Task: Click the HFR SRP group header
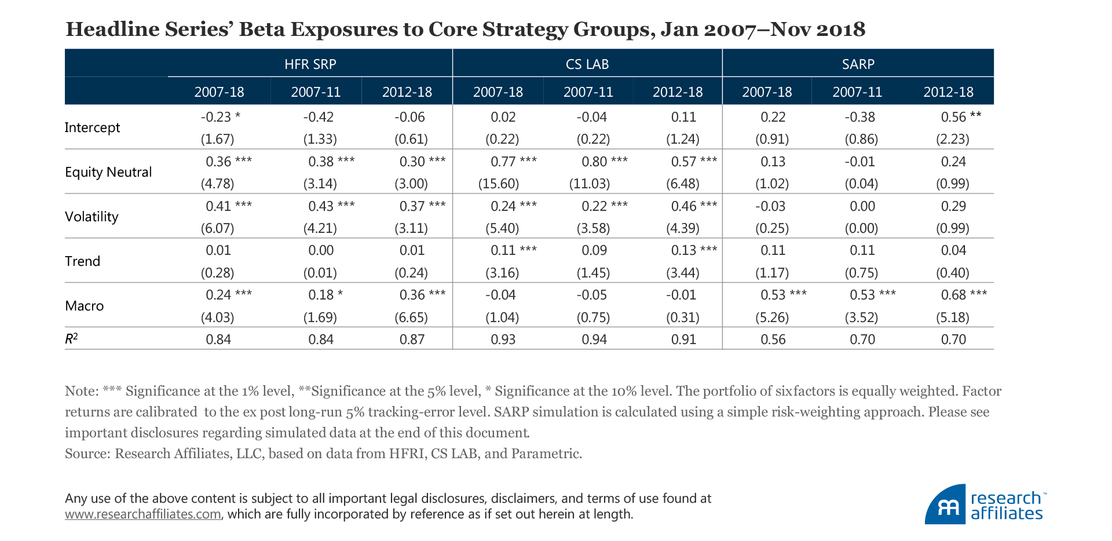310,64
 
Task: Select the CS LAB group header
587,64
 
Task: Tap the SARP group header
858,64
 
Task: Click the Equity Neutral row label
108,172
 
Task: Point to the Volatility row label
92,217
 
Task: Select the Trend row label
82,261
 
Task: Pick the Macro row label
84,306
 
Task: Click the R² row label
71,339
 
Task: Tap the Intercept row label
92,127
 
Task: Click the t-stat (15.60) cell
498,184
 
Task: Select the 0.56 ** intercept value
960,117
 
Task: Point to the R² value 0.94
594,339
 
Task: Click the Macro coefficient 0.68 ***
963,295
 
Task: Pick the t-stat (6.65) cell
411,317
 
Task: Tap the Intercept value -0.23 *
220,117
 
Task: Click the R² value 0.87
412,339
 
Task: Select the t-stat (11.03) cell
590,184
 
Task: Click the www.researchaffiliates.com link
142,514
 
